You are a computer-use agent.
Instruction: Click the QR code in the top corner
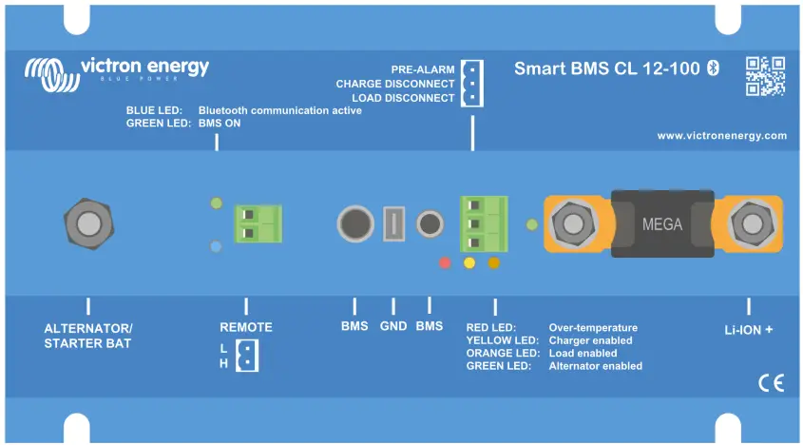(765, 76)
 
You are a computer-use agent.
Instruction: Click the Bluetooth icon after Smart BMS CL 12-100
(714, 68)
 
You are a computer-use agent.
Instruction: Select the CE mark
(770, 383)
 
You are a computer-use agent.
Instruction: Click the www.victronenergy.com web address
(721, 136)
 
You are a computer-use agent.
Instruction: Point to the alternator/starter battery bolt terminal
(88, 224)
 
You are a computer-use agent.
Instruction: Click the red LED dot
(444, 261)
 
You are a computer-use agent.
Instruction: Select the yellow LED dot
(468, 261)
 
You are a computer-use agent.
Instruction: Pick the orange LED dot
(493, 261)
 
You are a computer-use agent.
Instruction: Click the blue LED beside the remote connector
(217, 246)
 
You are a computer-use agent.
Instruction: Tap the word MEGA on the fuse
(662, 225)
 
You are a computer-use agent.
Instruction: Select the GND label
(392, 327)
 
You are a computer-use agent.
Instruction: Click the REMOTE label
(246, 327)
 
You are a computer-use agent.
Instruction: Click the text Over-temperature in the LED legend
(593, 327)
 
